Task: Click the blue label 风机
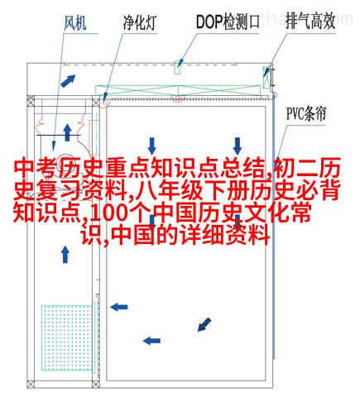tap(74, 22)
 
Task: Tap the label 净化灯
tap(140, 22)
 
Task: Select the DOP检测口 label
tap(228, 22)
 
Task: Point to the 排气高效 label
tap(310, 21)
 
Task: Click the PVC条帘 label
tap(306, 113)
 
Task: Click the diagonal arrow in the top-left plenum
tap(68, 80)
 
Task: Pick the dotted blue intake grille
tap(67, 337)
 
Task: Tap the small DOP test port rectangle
tap(178, 67)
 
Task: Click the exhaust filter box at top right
tap(266, 78)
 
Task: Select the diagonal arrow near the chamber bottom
tap(204, 324)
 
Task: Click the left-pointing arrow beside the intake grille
tap(119, 307)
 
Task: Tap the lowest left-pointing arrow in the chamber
tap(151, 341)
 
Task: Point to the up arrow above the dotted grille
tap(65, 254)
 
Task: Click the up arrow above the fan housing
tap(67, 132)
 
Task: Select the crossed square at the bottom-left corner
tap(31, 385)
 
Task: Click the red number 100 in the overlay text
tap(108, 213)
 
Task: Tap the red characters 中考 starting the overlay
tap(36, 169)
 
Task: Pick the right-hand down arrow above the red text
tap(238, 146)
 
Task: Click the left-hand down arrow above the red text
tap(151, 146)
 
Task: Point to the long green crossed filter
tap(178, 90)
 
